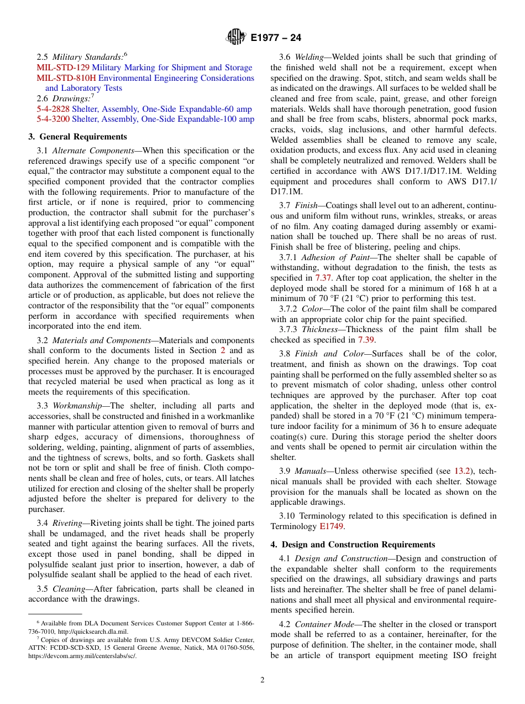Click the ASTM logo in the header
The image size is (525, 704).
pyautogui.click(x=236, y=38)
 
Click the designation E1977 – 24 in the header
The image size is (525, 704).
pyautogui.click(x=276, y=38)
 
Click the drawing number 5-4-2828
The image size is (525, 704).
pyautogui.click(x=53, y=108)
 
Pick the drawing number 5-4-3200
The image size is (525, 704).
pyautogui.click(x=53, y=119)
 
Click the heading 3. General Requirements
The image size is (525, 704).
pyautogui.click(x=77, y=137)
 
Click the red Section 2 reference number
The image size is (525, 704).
pyautogui.click(x=223, y=350)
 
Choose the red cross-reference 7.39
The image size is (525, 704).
pyautogui.click(x=366, y=340)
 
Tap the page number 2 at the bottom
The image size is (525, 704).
pyautogui.click(x=262, y=680)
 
